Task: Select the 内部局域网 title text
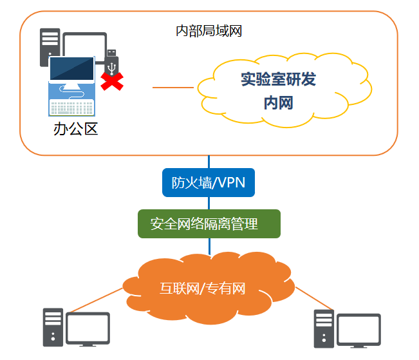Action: tap(209, 30)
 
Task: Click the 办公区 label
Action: tap(75, 129)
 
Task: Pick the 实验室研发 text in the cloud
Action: tap(278, 80)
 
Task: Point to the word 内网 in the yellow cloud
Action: tap(278, 102)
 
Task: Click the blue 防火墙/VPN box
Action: tap(208, 182)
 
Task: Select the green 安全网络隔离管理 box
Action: tap(209, 223)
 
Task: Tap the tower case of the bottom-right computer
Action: tap(324, 328)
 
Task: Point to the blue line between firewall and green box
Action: tap(209, 203)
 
